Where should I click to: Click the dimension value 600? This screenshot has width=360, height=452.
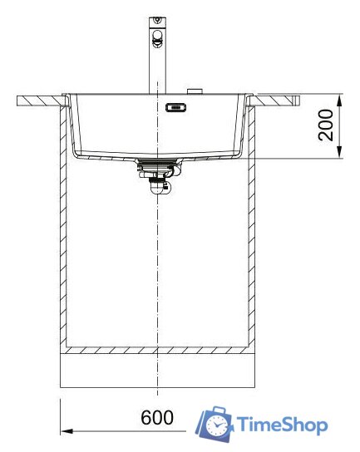tap(157, 418)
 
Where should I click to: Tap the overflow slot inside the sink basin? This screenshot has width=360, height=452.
tap(177, 106)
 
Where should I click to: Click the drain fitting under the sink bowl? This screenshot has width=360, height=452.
tap(156, 165)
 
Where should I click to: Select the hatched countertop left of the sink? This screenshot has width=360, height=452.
tap(39, 101)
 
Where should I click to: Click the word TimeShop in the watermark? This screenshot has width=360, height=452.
tap(283, 425)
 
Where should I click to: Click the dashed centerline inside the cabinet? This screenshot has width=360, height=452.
tap(155, 266)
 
